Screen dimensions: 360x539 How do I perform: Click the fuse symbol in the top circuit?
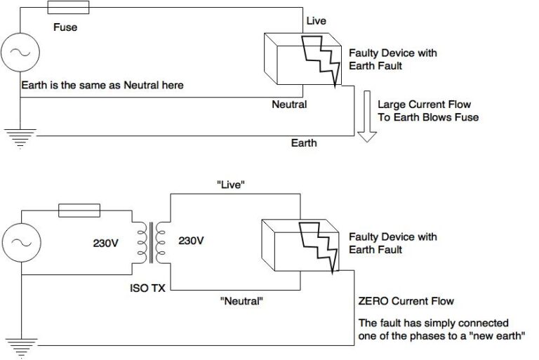(68, 7)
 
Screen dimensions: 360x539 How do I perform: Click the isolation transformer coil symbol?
(151, 241)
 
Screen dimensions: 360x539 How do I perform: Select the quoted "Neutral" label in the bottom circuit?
(242, 302)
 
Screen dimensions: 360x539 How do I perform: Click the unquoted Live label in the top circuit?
(316, 21)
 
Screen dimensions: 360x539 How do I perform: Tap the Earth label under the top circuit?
(304, 143)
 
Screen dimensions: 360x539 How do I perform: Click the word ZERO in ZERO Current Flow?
(375, 302)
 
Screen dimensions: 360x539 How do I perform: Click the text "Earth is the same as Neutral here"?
(102, 86)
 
